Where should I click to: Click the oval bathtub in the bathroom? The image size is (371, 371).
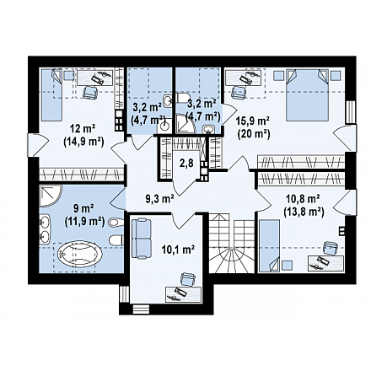pos(80,255)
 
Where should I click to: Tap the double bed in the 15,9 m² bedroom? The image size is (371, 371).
pos(307,95)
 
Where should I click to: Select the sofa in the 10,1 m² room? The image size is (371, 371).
pos(142,239)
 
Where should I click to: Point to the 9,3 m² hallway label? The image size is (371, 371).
pos(159,199)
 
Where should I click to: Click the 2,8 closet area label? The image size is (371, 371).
pos(186,163)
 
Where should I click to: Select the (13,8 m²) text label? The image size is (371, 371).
pos(304,211)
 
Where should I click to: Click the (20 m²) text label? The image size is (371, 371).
pos(254,134)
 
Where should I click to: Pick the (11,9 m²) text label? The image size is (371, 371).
pos(84,222)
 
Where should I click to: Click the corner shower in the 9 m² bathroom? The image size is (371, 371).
pos(50,196)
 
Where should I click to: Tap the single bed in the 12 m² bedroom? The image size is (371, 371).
pos(51,95)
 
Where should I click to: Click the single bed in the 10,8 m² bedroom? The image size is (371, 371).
pos(269,246)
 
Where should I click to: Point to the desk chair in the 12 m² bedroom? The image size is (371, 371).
pos(90,92)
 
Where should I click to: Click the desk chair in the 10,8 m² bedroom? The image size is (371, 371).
pos(331,248)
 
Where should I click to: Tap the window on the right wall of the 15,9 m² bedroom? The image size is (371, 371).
pos(351,112)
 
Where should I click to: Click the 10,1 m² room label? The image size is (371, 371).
pos(179,249)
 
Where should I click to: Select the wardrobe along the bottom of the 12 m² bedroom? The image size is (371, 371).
pos(82,174)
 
